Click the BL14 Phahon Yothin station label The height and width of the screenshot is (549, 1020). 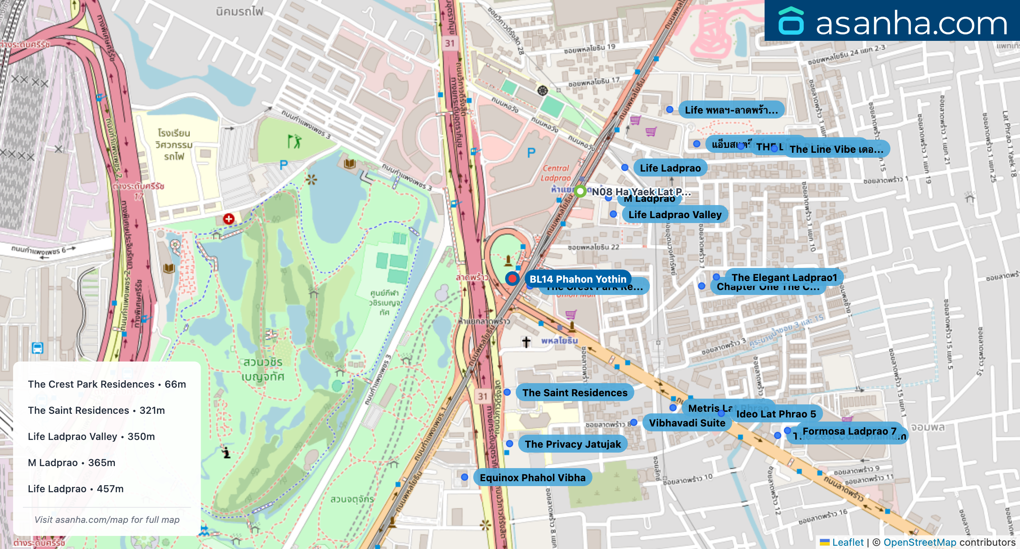click(577, 279)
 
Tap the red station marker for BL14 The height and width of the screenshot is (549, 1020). click(512, 279)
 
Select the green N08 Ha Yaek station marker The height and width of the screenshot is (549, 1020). click(580, 191)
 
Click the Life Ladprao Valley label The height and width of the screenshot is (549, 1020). click(675, 214)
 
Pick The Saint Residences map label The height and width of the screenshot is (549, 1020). click(575, 393)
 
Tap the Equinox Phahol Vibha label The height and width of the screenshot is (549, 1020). click(532, 478)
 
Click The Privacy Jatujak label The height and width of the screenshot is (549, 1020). click(573, 444)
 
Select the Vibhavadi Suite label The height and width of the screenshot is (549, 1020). click(687, 423)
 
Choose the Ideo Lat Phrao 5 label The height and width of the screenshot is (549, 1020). click(776, 414)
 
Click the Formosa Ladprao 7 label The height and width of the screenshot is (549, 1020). click(849, 431)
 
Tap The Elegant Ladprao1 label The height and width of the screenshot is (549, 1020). click(784, 277)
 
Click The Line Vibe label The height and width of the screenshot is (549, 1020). click(836, 149)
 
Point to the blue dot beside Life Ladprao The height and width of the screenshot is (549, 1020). click(625, 167)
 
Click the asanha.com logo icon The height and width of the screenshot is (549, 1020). click(791, 21)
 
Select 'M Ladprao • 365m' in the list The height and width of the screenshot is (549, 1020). click(72, 462)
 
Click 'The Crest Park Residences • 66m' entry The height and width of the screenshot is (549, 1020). click(107, 384)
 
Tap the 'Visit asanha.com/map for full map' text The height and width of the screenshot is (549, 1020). click(107, 520)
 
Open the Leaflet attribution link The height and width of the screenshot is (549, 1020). click(848, 542)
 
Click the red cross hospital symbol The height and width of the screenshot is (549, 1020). click(228, 219)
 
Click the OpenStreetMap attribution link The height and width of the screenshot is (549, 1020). click(919, 542)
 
